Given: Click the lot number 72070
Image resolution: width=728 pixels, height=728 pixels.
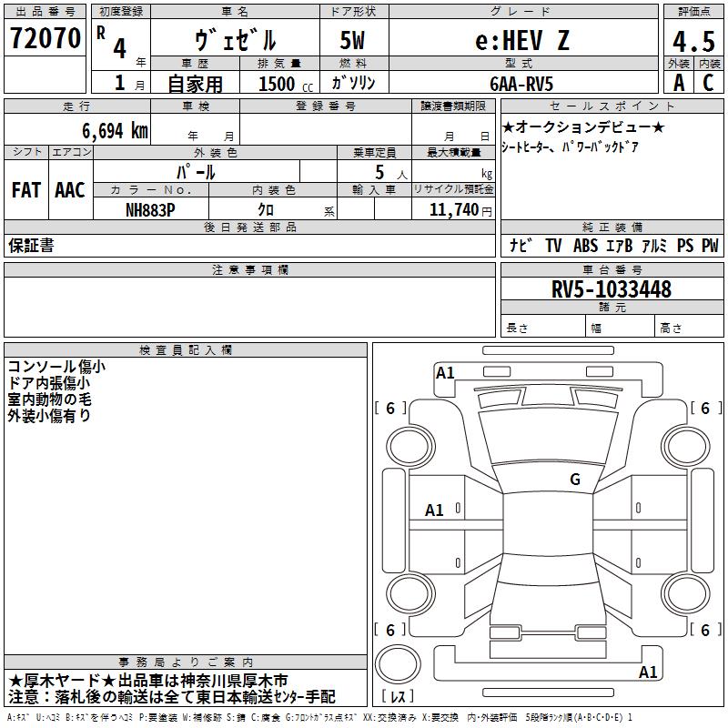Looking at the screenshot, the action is click(x=45, y=38).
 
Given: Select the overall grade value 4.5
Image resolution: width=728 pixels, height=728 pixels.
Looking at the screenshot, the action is click(x=693, y=41).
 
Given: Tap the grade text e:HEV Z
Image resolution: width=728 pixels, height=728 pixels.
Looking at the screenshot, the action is click(x=522, y=40).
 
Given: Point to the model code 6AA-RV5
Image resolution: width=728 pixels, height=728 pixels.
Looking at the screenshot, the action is click(x=521, y=84).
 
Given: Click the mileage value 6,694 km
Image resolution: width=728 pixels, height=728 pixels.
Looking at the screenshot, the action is click(x=116, y=131).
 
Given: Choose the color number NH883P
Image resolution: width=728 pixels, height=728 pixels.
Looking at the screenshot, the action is click(x=150, y=210).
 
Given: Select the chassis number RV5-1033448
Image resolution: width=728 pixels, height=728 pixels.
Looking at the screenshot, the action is click(x=612, y=289).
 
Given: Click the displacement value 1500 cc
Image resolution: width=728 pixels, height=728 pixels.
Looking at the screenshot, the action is click(x=286, y=84).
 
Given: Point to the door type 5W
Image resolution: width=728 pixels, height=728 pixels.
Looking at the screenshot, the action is click(x=352, y=40).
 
